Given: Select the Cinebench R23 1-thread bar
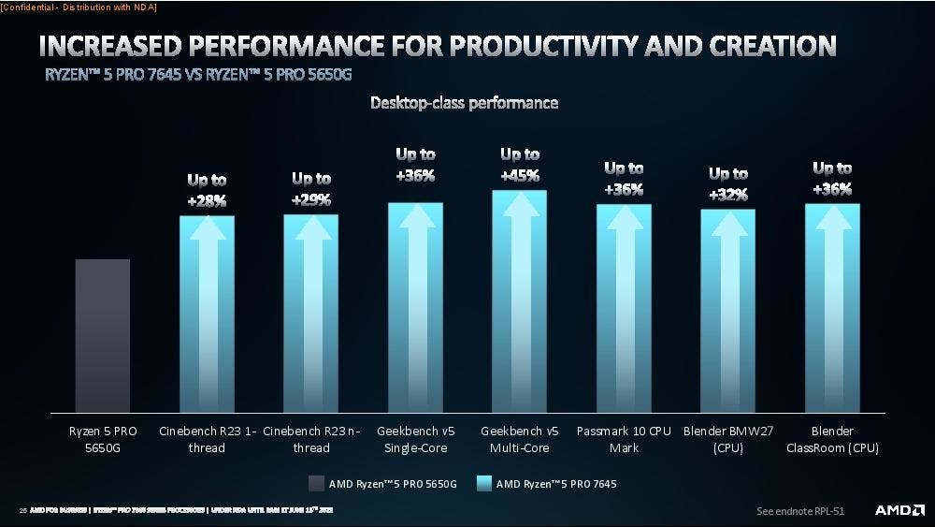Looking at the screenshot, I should (207, 314).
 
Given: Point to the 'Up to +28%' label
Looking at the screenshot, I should (207, 188).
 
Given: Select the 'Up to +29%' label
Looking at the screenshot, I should (311, 187).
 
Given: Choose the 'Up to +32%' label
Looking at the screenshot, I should (727, 183).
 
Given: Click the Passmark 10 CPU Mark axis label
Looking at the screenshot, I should (624, 439).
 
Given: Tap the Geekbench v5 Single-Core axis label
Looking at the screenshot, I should (415, 439).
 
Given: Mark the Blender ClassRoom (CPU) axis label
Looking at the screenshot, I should (831, 439).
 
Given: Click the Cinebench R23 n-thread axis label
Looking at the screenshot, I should (311, 439).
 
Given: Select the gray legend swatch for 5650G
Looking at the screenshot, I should (315, 484).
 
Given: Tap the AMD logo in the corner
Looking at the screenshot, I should (899, 510).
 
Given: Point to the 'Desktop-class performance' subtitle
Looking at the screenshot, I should (465, 103).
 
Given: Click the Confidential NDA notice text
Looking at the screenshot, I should (79, 7).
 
